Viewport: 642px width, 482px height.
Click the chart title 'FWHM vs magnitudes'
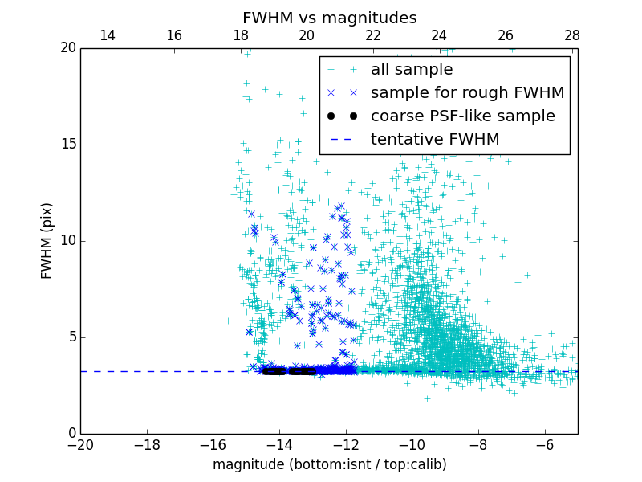point(329,18)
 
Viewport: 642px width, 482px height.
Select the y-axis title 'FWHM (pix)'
point(47,241)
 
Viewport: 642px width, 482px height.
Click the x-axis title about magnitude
point(329,464)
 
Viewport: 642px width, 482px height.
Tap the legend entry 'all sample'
point(411,70)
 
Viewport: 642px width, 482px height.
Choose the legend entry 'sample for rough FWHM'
point(467,93)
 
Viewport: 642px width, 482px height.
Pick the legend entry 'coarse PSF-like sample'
point(462,116)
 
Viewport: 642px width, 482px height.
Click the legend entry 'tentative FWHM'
point(435,140)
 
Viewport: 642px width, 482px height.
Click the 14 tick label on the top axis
point(108,35)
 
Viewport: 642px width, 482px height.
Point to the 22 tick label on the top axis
point(373,35)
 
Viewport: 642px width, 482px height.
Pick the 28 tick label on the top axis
point(572,35)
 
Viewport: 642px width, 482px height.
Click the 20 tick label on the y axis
point(67,48)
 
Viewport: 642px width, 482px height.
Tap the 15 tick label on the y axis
point(67,145)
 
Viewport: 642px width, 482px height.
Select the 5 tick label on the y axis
point(71,337)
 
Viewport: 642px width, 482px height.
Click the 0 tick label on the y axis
point(71,434)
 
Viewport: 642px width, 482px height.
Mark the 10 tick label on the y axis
point(67,241)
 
